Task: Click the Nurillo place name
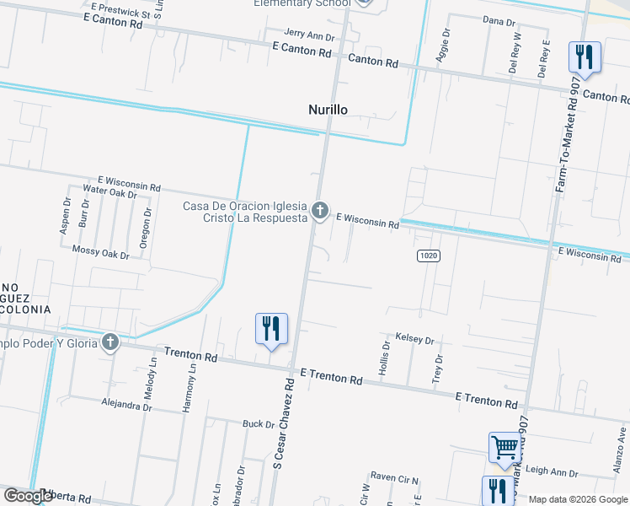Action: (327, 110)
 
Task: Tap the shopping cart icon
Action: (505, 446)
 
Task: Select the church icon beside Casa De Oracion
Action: (320, 209)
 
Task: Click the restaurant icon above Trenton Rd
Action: (271, 329)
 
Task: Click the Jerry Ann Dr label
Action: (309, 36)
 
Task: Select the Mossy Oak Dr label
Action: (100, 254)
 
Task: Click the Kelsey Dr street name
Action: (414, 340)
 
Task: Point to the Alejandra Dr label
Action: (125, 405)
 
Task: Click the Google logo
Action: (28, 496)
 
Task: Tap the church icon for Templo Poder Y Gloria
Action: (109, 342)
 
